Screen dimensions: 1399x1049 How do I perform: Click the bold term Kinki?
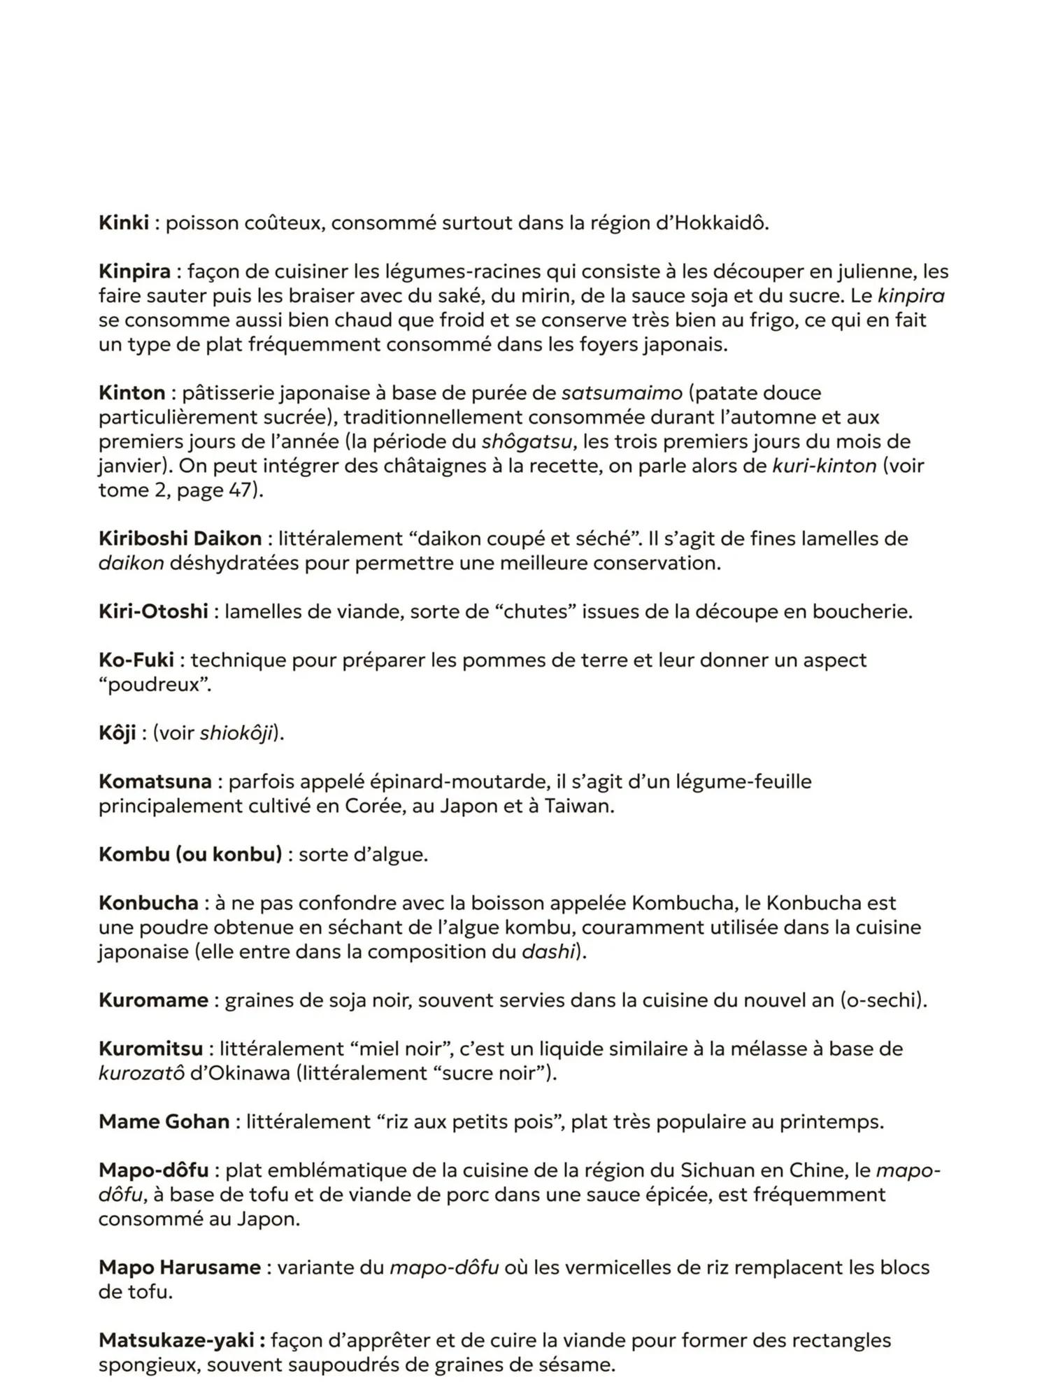[124, 223]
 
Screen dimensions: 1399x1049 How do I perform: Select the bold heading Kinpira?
[134, 271]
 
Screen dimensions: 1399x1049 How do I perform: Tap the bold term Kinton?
[131, 393]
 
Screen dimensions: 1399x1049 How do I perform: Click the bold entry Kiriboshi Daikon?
[180, 539]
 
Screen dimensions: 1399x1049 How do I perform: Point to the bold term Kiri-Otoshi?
[153, 612]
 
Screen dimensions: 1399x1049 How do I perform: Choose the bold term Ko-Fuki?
[136, 660]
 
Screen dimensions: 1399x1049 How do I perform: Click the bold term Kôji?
[117, 733]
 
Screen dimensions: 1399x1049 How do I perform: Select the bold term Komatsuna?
[155, 781]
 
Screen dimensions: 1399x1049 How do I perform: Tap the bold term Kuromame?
[153, 1000]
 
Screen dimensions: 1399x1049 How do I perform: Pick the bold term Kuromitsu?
[150, 1049]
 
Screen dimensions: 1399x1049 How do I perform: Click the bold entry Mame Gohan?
[164, 1122]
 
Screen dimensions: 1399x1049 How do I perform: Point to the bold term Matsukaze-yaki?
[181, 1341]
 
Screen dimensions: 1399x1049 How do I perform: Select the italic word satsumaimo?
[622, 393]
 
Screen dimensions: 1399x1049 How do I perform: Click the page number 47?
[241, 490]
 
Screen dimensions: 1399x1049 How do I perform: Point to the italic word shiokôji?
[236, 733]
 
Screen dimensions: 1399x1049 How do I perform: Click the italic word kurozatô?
[141, 1074]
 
